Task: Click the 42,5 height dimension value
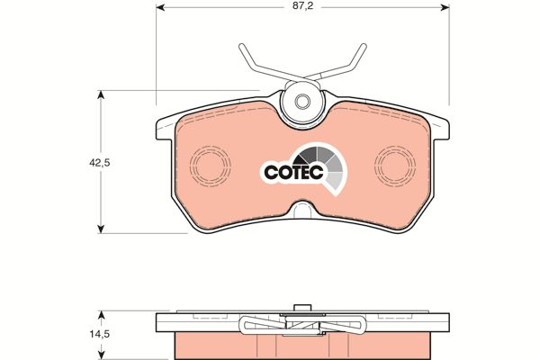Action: point(100,163)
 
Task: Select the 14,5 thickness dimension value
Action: point(100,334)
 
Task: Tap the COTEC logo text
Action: point(293,172)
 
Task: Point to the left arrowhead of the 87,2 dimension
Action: point(160,7)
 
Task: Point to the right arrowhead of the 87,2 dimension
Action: point(445,7)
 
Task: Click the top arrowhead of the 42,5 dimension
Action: point(101,94)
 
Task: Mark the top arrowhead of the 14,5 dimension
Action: point(101,315)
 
